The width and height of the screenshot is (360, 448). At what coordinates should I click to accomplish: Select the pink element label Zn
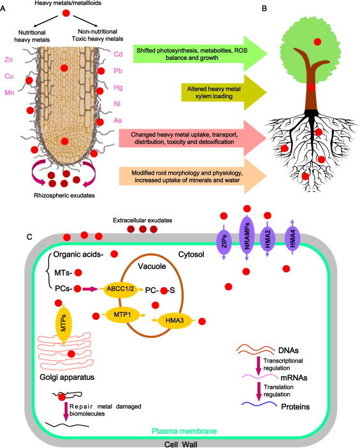(8, 60)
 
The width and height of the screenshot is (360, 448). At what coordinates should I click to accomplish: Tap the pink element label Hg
(118, 87)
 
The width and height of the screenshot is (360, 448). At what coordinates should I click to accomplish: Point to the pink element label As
(118, 117)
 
